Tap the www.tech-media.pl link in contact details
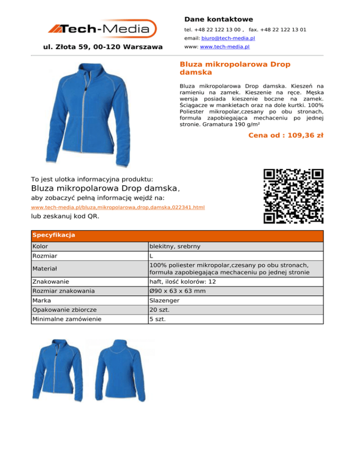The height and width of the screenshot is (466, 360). click(x=225, y=47)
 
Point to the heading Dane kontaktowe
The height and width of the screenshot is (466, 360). click(x=218, y=19)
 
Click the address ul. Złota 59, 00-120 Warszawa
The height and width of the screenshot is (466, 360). click(x=103, y=47)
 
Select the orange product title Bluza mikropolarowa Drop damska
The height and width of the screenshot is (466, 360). click(x=235, y=68)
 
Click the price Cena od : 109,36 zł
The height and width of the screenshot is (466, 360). click(x=285, y=136)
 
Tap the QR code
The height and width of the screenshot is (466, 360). click(x=293, y=196)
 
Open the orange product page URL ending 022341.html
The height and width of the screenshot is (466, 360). click(x=118, y=207)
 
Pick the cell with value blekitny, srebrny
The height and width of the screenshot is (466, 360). click(x=177, y=247)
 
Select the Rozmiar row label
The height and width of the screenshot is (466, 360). click(x=46, y=256)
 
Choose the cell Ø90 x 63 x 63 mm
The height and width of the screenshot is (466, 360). click(x=177, y=291)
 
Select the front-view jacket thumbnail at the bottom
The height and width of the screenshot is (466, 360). click(x=57, y=374)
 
